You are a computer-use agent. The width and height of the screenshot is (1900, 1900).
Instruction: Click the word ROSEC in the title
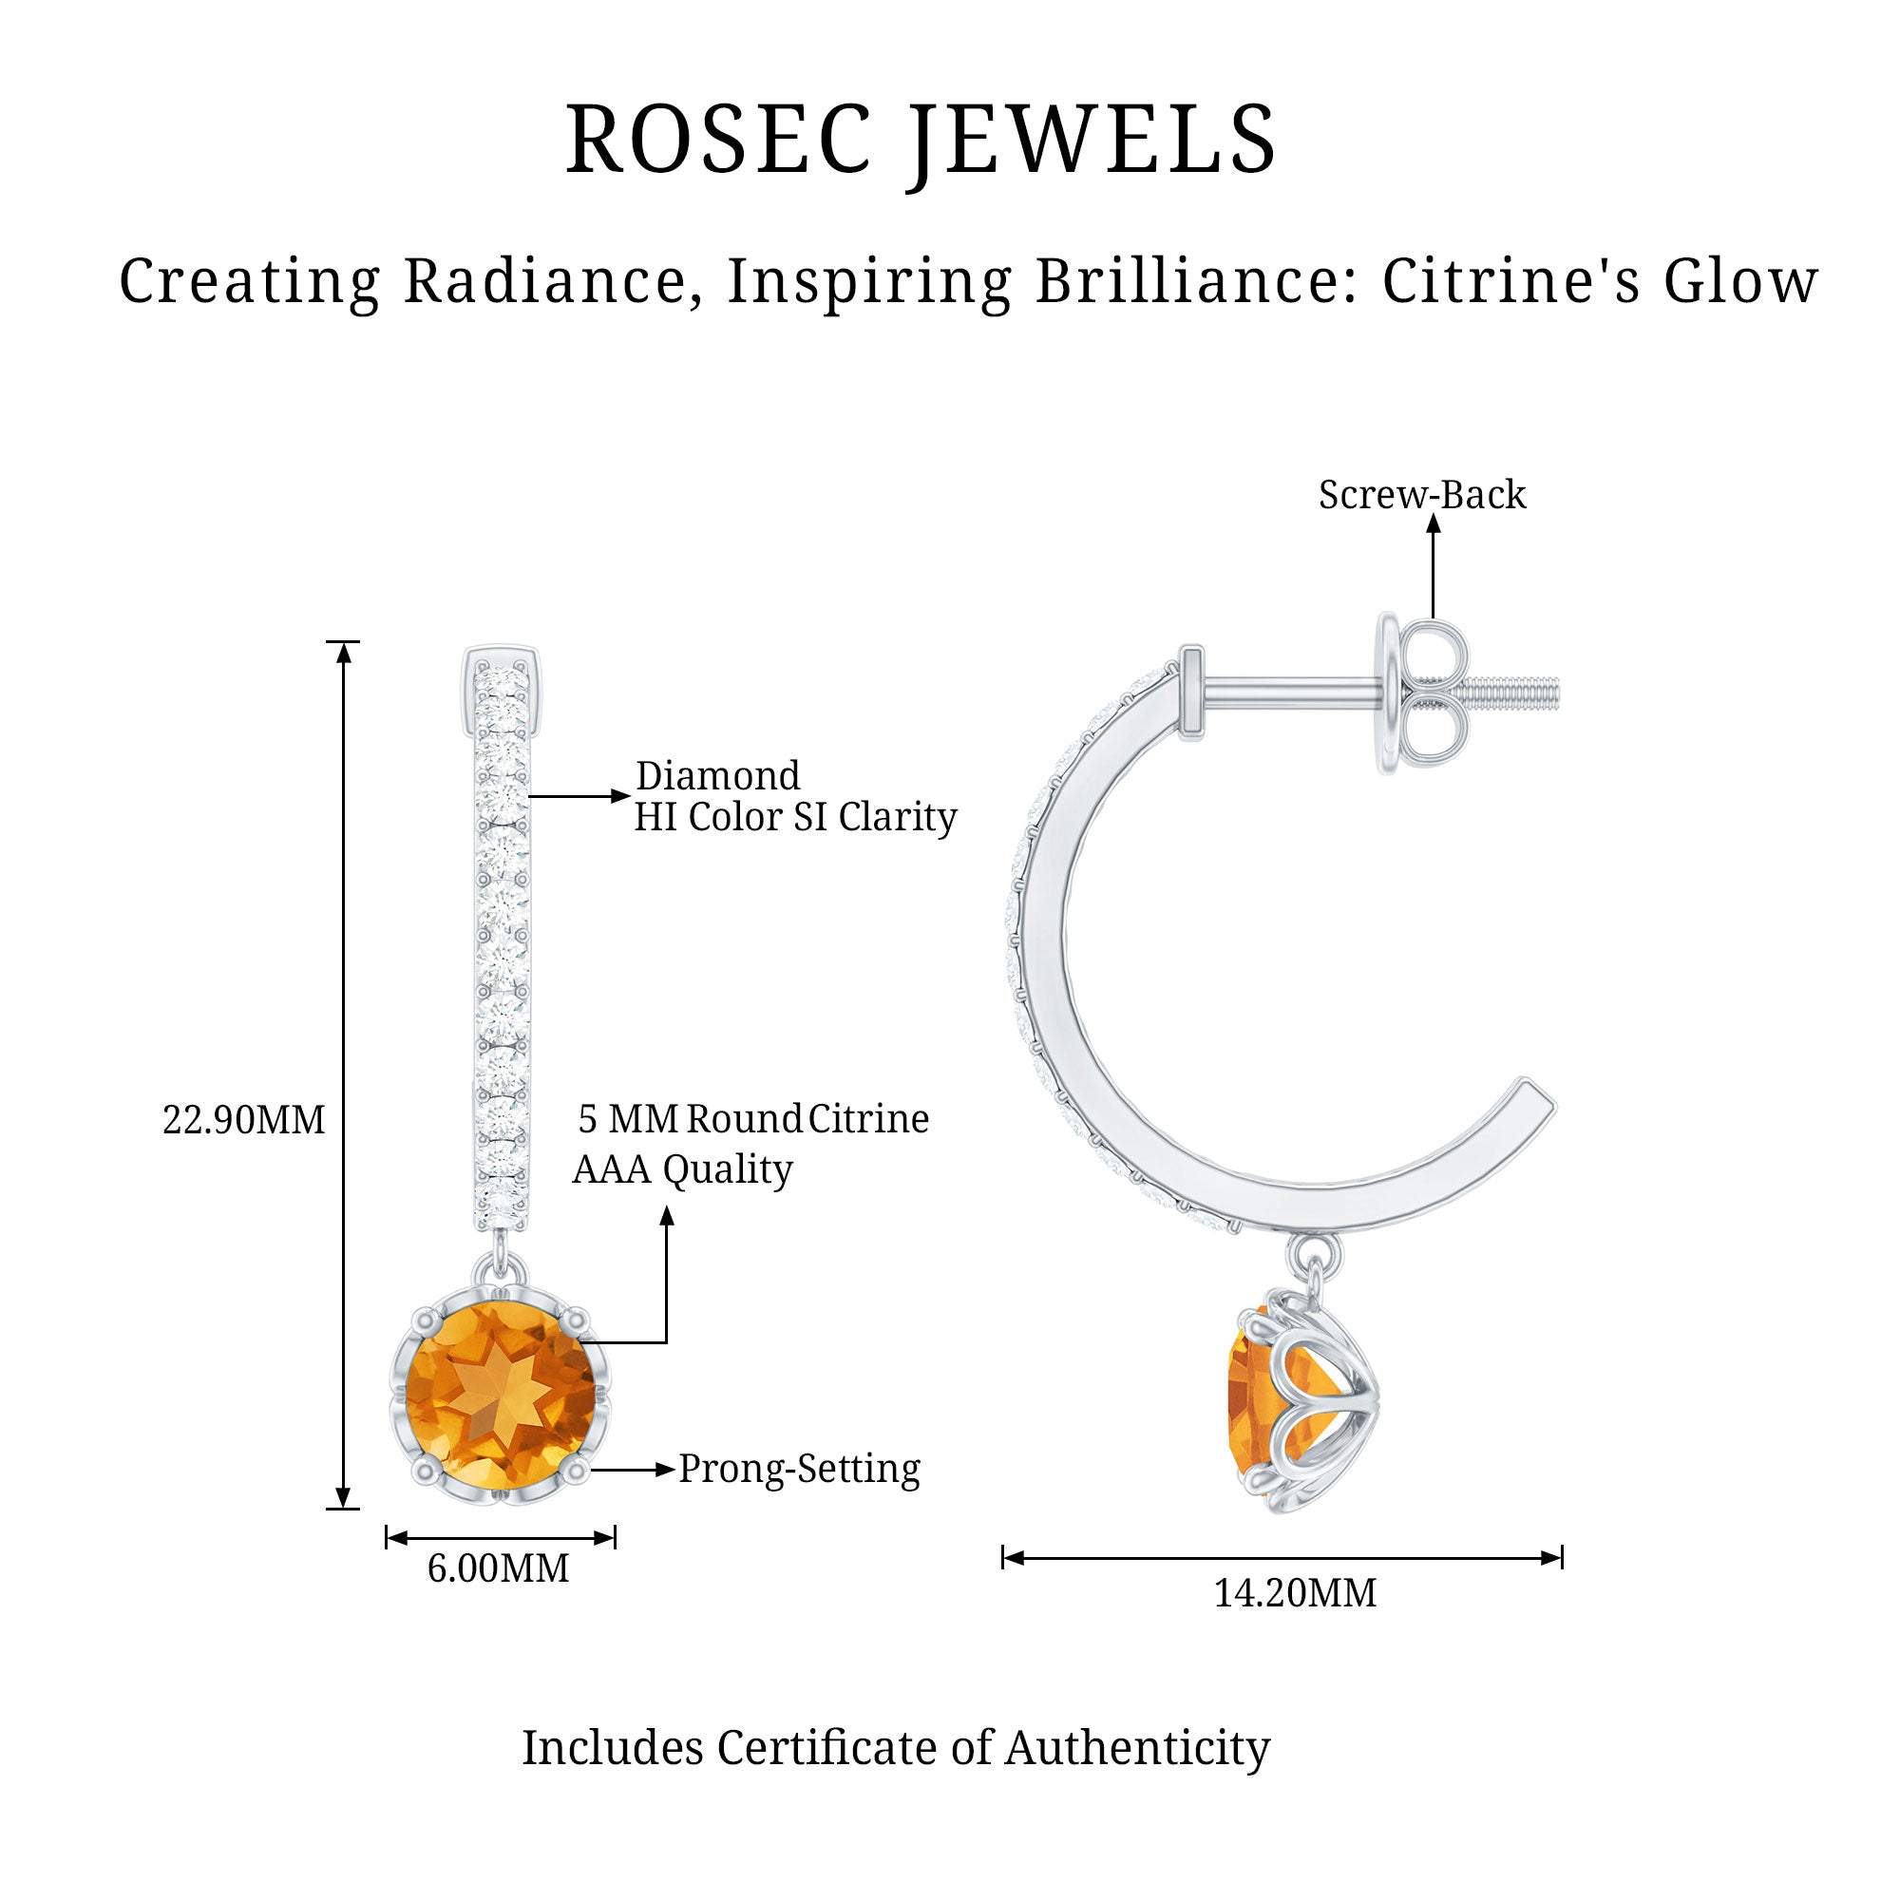[719, 140]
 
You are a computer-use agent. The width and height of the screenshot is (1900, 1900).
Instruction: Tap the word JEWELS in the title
[1092, 140]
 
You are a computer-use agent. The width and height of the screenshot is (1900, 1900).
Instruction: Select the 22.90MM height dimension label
[243, 1120]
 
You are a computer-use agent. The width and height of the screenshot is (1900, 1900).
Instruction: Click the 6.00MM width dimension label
[498, 1568]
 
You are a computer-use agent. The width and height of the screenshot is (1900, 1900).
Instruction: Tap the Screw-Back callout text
[1422, 495]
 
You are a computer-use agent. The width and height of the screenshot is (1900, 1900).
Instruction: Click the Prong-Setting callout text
[800, 1470]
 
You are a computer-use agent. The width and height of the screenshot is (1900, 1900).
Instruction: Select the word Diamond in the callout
[718, 776]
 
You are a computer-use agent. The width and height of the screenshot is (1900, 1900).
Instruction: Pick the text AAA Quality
[682, 1169]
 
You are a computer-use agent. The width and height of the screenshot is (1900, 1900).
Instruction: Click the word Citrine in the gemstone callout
[868, 1119]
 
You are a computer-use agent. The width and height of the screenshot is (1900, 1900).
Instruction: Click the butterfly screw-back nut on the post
[1433, 693]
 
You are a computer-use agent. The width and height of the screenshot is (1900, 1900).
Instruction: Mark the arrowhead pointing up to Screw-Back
[1433, 524]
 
